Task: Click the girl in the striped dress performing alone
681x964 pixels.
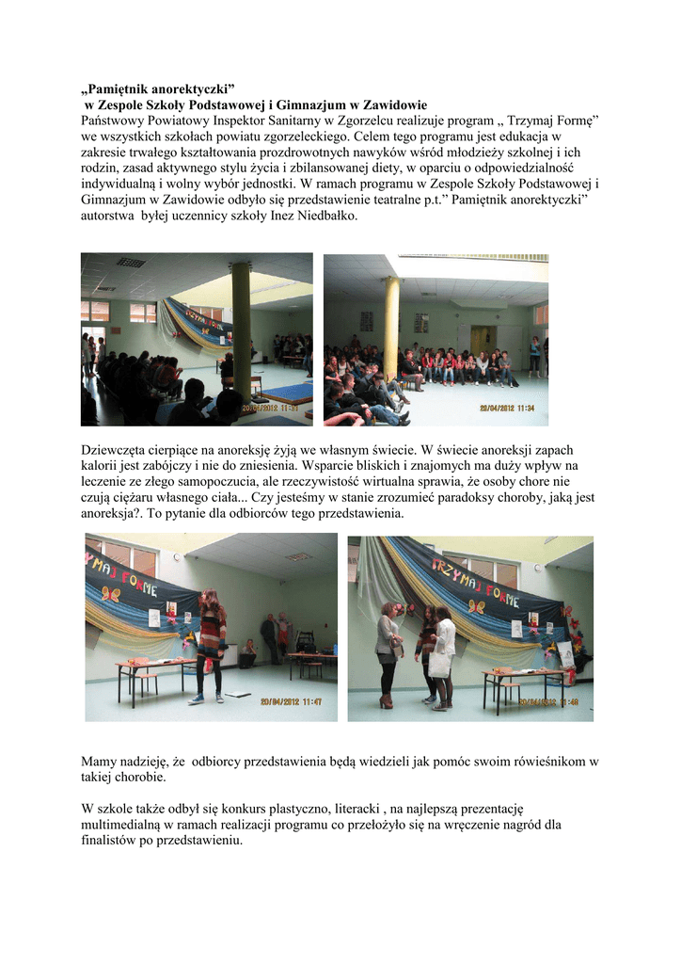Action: [x=211, y=645]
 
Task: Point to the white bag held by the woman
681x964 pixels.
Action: [x=440, y=664]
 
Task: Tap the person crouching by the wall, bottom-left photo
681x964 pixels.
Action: [x=249, y=649]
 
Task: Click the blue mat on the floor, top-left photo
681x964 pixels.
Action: [x=289, y=392]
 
